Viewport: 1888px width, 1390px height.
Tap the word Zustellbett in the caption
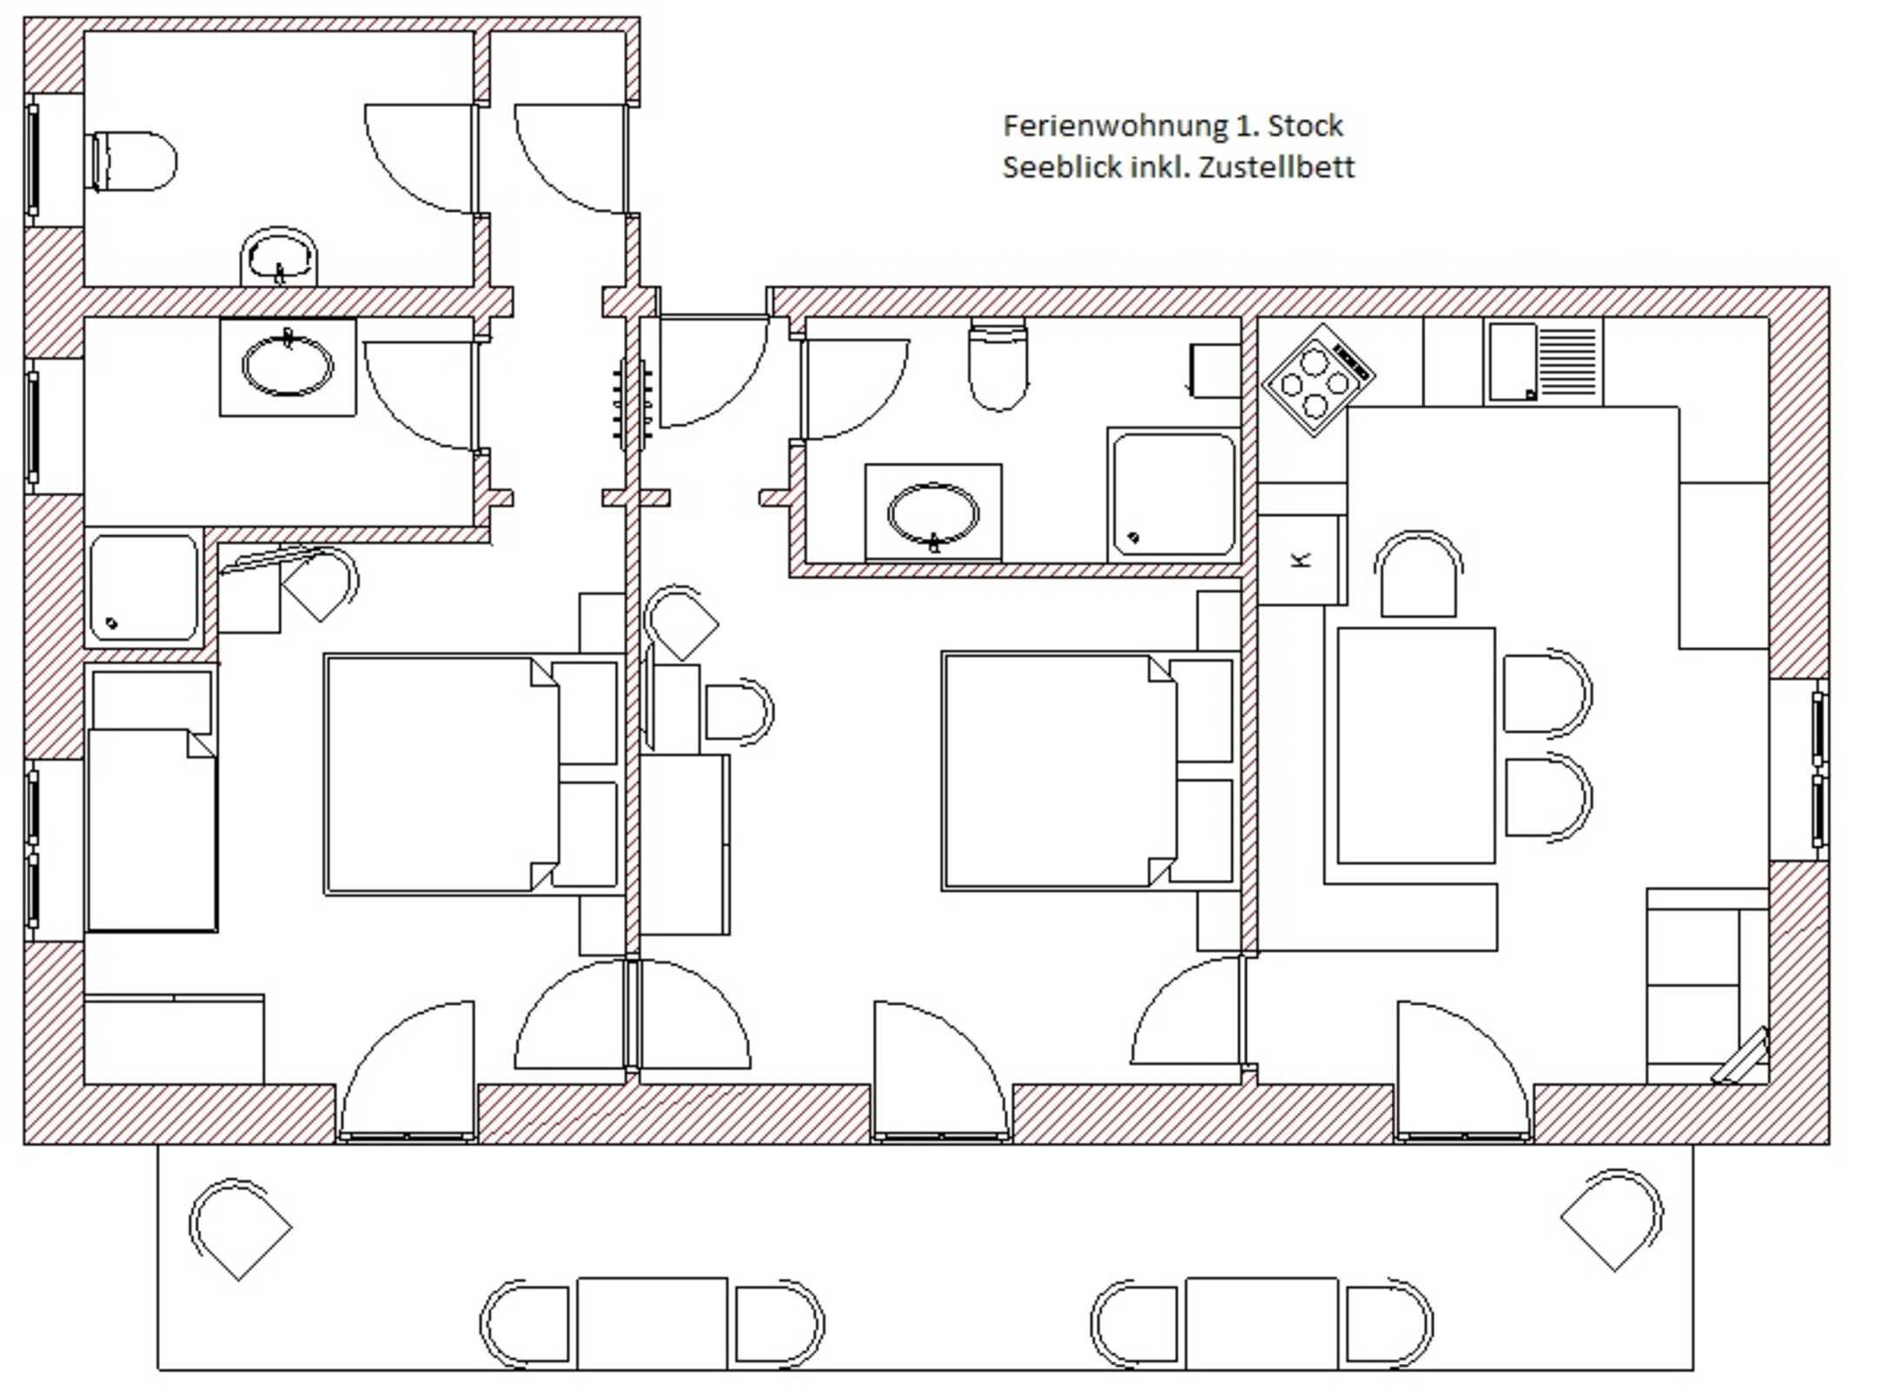[1276, 167]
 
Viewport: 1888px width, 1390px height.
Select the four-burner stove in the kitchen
[1316, 381]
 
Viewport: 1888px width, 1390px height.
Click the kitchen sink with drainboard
[1543, 362]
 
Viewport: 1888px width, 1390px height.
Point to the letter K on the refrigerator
[1301, 560]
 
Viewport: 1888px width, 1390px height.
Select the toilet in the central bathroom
[997, 365]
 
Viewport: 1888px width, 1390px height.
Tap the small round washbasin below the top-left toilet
[279, 257]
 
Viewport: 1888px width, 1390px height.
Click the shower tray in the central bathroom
[1173, 494]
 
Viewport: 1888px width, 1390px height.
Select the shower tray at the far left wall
[144, 587]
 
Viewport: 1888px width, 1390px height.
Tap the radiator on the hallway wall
[632, 405]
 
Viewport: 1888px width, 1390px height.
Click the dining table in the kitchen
[1415, 745]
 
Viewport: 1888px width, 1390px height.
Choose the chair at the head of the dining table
[1418, 576]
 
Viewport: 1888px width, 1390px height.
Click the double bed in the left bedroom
[441, 774]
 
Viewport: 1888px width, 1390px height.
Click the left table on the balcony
[652, 1322]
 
